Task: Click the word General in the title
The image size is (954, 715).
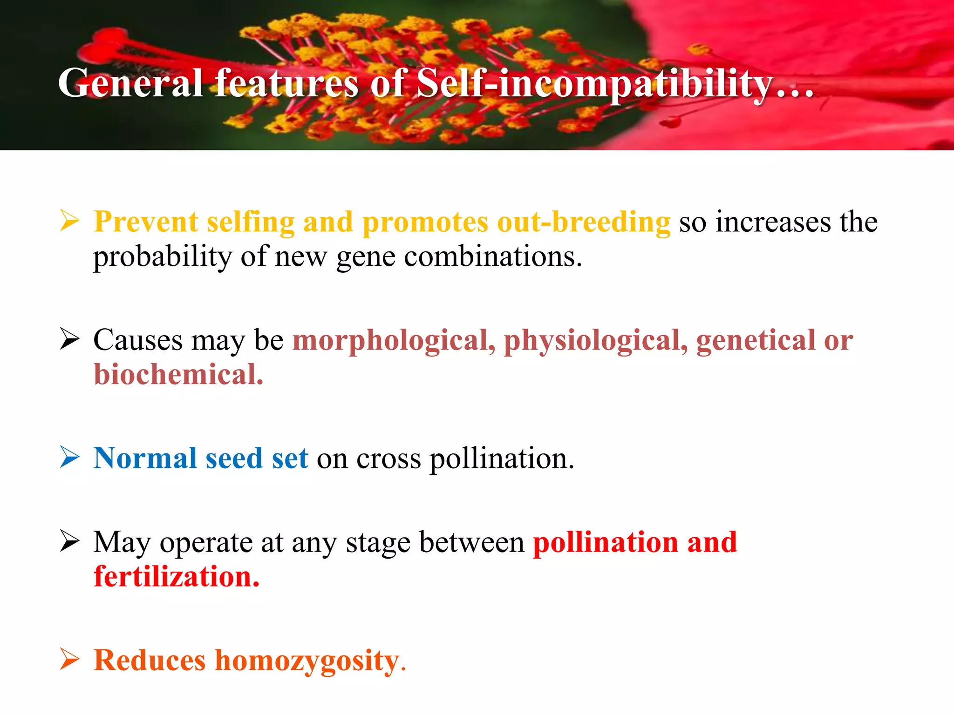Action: point(130,83)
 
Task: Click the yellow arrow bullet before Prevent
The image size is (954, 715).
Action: point(70,221)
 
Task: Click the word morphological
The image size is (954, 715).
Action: point(394,341)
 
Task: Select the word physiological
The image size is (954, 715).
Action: point(595,341)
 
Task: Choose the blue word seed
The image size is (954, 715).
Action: point(234,458)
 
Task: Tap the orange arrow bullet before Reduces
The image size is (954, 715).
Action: point(70,660)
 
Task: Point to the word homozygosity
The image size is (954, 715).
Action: point(307,661)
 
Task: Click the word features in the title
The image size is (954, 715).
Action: point(286,83)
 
